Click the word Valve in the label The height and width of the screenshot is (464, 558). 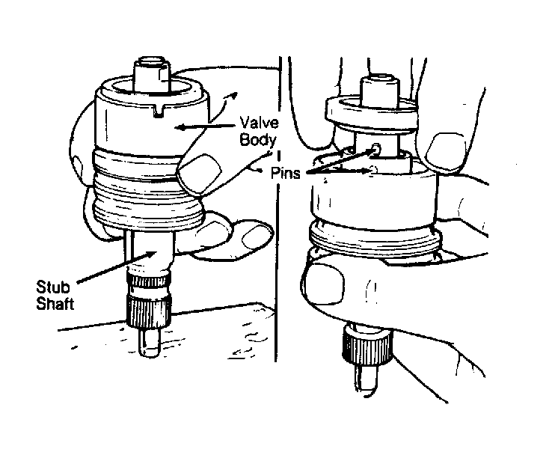(259, 123)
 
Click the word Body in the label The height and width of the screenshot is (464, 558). (257, 139)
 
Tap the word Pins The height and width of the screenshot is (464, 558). (285, 173)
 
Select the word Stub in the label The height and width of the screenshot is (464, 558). (53, 287)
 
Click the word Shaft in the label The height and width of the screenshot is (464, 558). (55, 303)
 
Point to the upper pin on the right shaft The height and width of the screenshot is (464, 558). (375, 147)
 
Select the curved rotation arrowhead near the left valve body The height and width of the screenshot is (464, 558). (233, 95)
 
